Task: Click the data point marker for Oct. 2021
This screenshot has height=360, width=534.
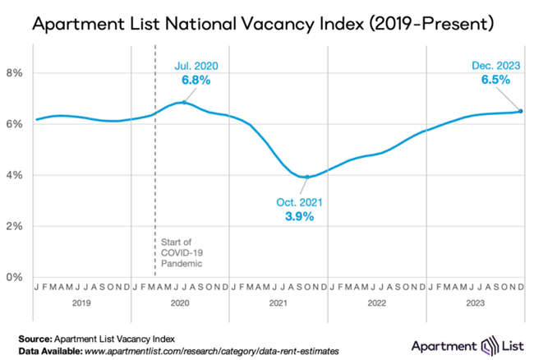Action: pos(307,177)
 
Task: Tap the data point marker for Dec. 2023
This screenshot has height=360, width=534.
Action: pos(521,111)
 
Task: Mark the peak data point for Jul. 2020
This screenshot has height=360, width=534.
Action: pos(183,103)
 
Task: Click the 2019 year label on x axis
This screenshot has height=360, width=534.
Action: pos(82,302)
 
